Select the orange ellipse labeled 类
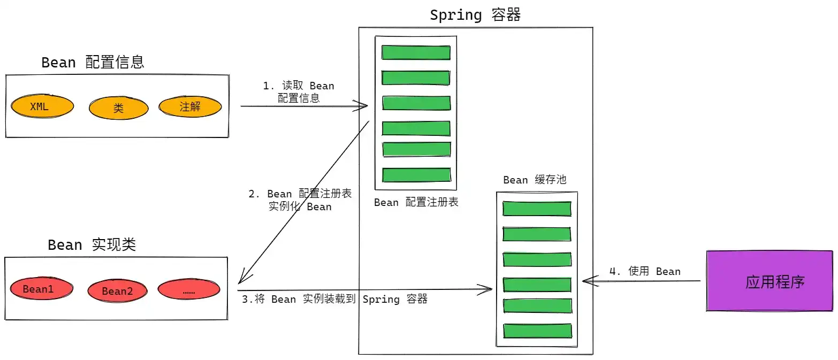pyautogui.click(x=118, y=109)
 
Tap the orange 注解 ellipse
pyautogui.click(x=190, y=106)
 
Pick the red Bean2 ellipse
pyautogui.click(x=117, y=291)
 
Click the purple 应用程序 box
pyautogui.click(x=770, y=281)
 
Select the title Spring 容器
pyautogui.click(x=475, y=15)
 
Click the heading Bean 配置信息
pyautogui.click(x=93, y=63)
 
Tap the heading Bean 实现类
pyautogui.click(x=92, y=245)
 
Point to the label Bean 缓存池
pyautogui.click(x=534, y=180)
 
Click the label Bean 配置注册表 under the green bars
pyautogui.click(x=416, y=203)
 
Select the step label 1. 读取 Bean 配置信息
pyautogui.click(x=298, y=92)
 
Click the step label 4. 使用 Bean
pyautogui.click(x=645, y=272)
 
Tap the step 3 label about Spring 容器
pyautogui.click(x=334, y=300)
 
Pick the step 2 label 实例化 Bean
pyautogui.click(x=300, y=201)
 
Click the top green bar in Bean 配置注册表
pyautogui.click(x=416, y=52)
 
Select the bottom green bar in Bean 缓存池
pyautogui.click(x=537, y=331)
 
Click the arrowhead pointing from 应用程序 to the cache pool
pyautogui.click(x=585, y=281)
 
